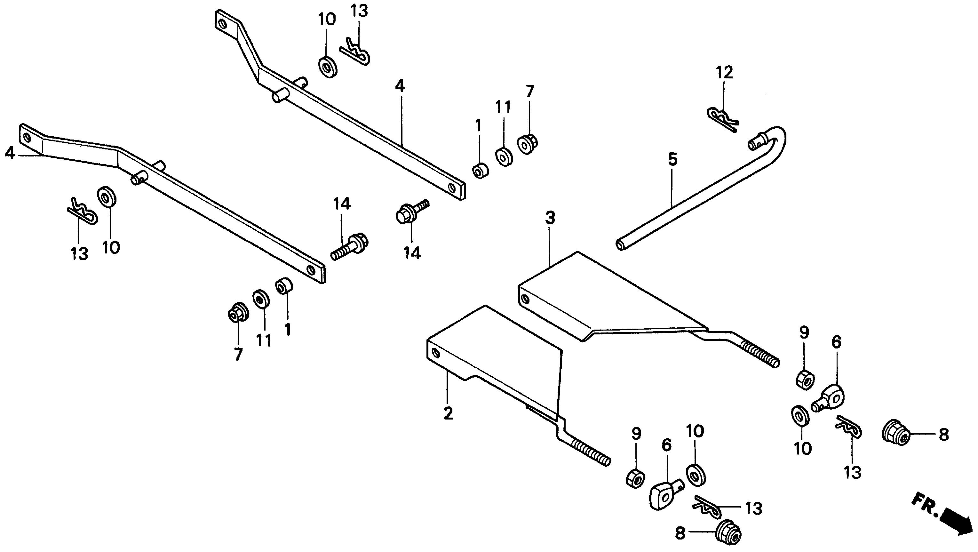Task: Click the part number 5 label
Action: click(672, 159)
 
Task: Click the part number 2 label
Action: click(449, 413)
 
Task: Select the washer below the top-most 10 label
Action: click(327, 68)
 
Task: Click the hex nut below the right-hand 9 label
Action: click(804, 379)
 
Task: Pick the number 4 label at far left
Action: click(10, 153)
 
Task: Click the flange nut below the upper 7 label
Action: click(527, 144)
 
